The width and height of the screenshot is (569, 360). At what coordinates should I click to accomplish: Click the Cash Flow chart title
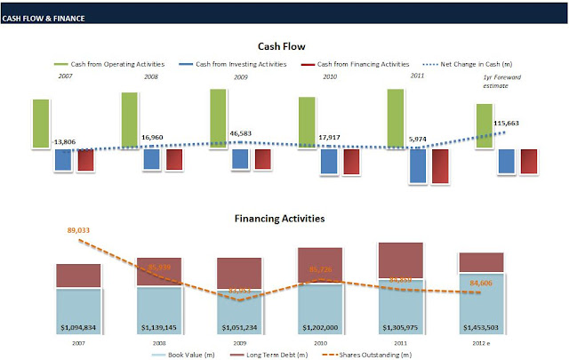click(x=282, y=46)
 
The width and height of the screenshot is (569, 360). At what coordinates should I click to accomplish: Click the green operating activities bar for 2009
click(x=218, y=118)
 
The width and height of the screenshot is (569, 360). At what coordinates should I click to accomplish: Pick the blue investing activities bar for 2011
click(x=417, y=165)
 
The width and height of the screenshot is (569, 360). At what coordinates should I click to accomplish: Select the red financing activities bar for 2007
click(x=85, y=160)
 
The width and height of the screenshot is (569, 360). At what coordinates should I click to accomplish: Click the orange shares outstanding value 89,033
click(x=79, y=230)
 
